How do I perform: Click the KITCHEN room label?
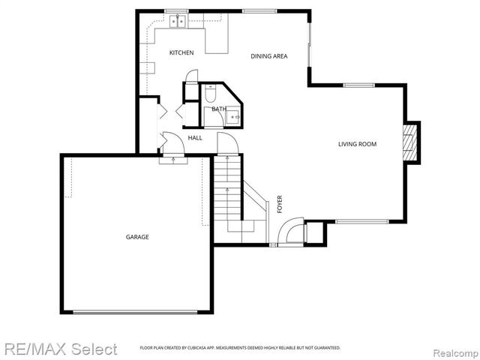181,52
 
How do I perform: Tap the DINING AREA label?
269,55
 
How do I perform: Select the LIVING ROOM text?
357,144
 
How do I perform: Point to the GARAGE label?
137,237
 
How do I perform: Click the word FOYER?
280,204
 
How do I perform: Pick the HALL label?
195,138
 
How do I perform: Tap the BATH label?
218,109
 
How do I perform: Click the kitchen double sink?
178,22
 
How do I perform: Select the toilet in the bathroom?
211,94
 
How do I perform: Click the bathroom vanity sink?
233,118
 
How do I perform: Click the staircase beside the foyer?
227,195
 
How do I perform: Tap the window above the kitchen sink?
176,11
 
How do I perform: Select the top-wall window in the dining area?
253,11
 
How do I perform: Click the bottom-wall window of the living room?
362,221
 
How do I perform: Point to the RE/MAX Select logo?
60,349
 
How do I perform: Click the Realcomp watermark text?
453,350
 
